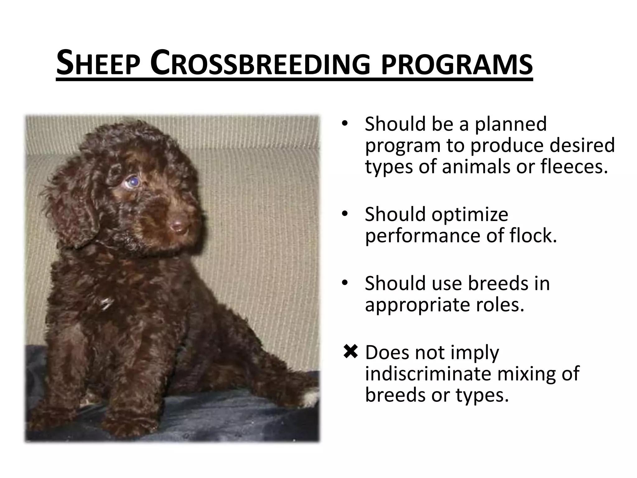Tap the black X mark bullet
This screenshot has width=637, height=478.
[351, 352]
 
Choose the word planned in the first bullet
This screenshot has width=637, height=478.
[510, 124]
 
